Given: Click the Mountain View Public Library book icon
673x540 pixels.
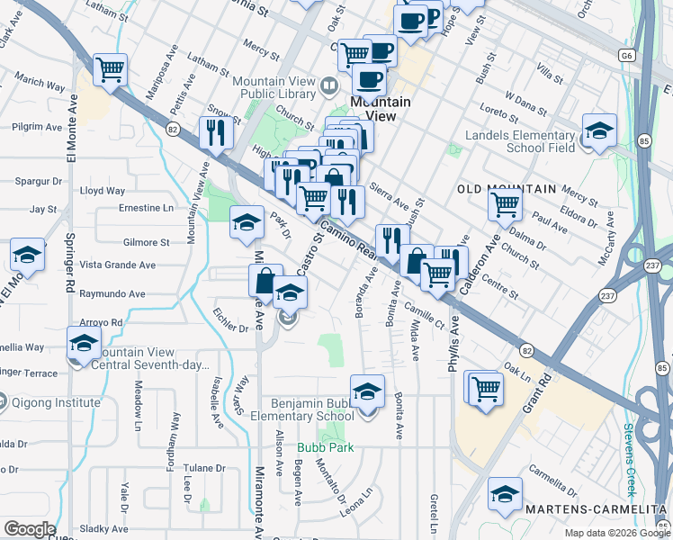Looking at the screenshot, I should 329,87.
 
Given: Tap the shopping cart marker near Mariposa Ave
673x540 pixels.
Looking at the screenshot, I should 110,69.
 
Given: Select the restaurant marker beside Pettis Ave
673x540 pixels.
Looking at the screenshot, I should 216,132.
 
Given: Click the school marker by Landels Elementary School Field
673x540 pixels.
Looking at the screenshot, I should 599,130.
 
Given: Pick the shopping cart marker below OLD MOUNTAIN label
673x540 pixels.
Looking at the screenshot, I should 505,203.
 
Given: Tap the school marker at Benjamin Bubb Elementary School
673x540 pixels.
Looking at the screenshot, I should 366,391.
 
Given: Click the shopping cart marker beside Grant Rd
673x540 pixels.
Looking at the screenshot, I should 485,388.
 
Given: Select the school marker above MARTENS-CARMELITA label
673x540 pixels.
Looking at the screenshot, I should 505,494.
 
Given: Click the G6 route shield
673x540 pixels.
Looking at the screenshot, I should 627,56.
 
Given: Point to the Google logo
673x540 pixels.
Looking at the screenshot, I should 29,529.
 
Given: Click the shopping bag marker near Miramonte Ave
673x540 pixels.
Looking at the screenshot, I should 265,280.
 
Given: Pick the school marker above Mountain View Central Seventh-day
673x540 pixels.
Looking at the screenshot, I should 84,343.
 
